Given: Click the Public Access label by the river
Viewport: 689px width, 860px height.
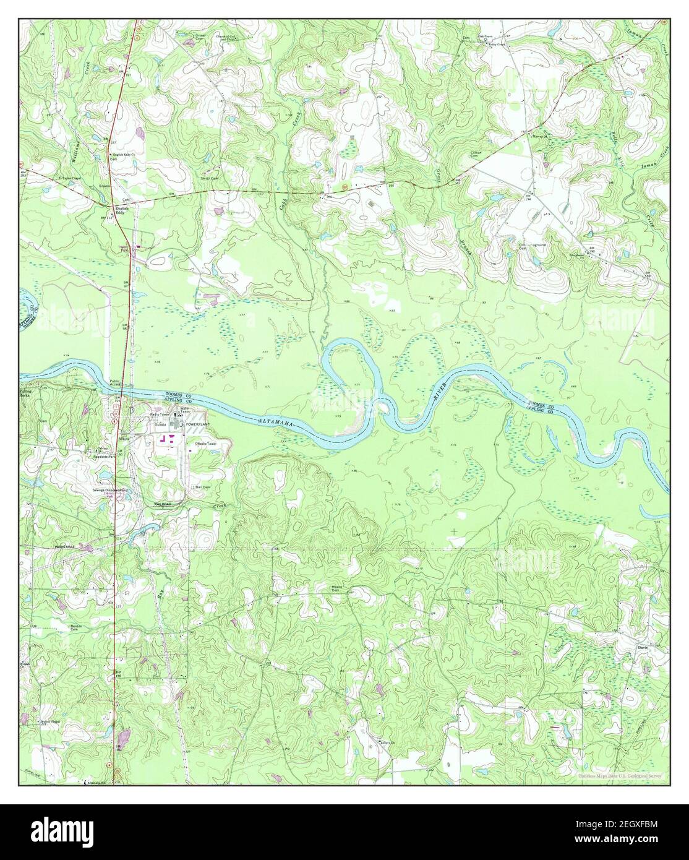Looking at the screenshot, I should [115, 383].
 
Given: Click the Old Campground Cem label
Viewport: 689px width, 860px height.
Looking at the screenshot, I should [532, 246].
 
